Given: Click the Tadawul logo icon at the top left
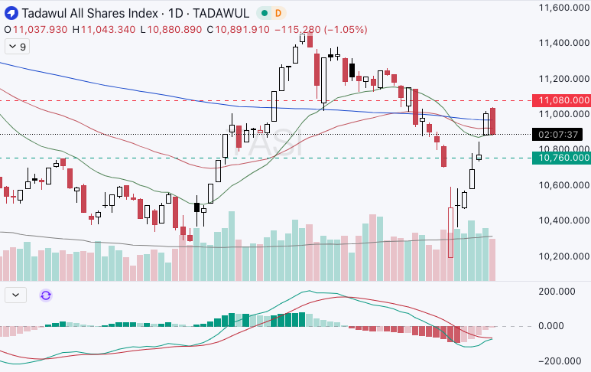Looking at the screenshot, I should point(11,13).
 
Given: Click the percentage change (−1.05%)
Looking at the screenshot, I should point(346,30).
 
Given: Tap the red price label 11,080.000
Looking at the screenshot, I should point(564,100).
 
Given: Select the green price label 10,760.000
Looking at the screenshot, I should point(564,158).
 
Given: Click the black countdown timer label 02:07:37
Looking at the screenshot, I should point(559,134).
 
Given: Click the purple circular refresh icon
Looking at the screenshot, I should point(45,295).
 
